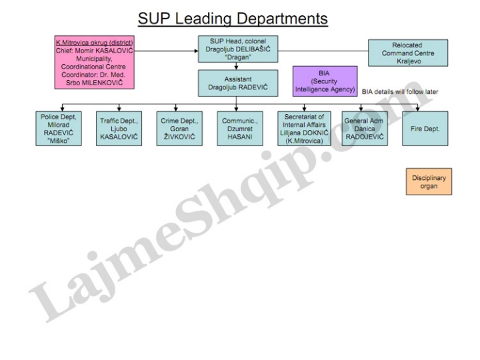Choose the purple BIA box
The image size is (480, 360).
[x=325, y=81]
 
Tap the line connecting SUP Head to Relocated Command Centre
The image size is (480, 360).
[x=323, y=51]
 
